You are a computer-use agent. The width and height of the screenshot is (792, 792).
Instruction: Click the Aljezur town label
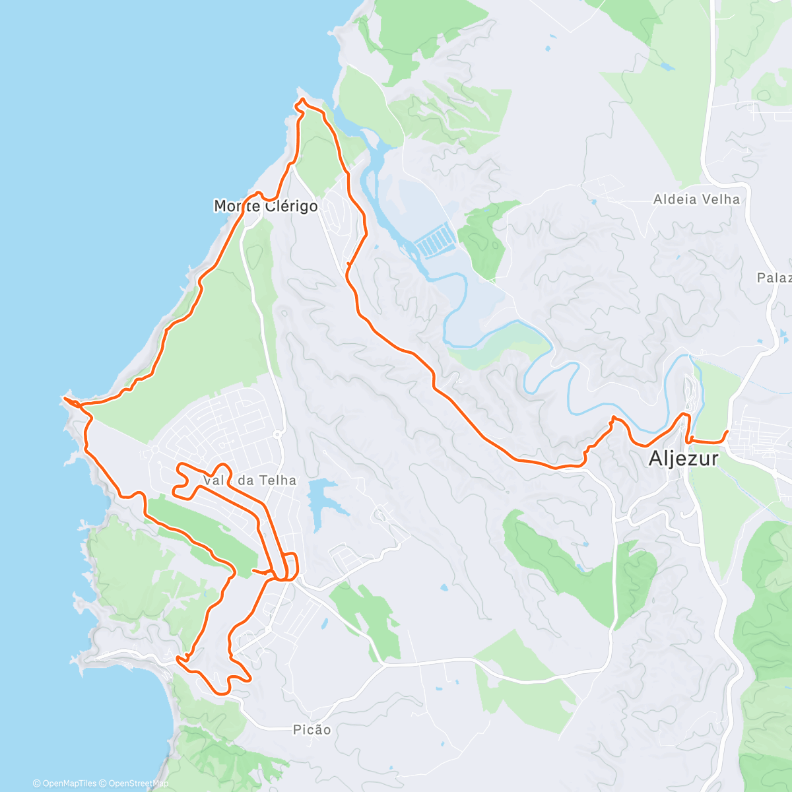pos(683,459)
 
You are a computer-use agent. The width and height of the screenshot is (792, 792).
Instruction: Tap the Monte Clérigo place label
pos(265,206)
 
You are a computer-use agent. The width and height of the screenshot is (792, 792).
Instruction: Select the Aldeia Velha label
pos(696,199)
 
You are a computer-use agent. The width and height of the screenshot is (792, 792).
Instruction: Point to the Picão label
pos(312,729)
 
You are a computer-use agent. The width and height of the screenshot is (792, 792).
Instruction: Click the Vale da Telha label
pos(249,480)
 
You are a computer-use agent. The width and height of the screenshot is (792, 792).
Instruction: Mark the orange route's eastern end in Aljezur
pos(727,432)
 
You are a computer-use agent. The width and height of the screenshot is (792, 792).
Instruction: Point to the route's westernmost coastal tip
pos(64,398)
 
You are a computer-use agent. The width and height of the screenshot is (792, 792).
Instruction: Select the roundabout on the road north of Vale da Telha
pos(277,434)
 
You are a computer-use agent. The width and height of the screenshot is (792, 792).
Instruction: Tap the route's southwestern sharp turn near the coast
pos(180,658)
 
